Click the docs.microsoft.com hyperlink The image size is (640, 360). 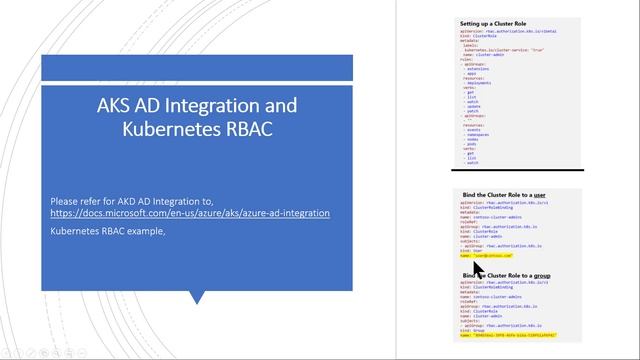[x=190, y=213]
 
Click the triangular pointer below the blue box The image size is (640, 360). [x=196, y=297]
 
